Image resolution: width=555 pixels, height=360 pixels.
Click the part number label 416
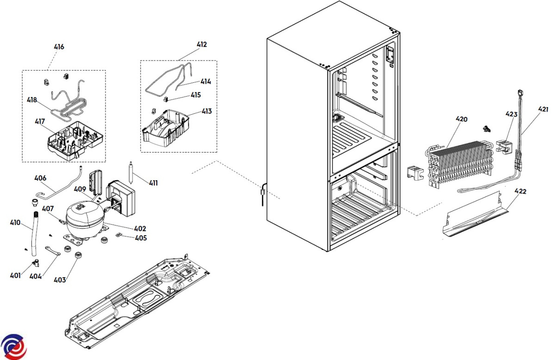coord(59,47)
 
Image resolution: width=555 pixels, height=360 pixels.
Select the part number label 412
coord(202,44)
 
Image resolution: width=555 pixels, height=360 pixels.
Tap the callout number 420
coord(462,119)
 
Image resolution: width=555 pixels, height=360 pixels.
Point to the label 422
coord(520,191)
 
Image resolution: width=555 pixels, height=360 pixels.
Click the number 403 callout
coord(60,280)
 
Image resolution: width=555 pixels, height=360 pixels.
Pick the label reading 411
coord(153,183)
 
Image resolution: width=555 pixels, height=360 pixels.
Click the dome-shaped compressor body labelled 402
coord(85,218)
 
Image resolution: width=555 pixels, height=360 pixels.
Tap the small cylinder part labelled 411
coord(130,173)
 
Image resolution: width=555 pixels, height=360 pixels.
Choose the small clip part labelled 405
coord(119,234)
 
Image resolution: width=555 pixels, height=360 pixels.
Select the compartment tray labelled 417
coord(75,140)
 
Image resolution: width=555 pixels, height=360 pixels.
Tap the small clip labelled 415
coord(166,99)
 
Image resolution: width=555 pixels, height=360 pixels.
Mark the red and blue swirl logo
coord(13,347)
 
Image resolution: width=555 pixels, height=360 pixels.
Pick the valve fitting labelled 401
coord(37,262)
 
